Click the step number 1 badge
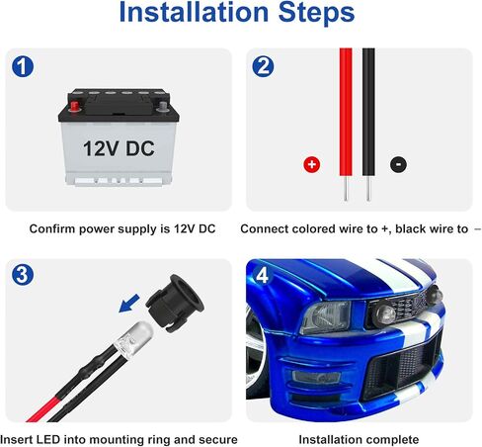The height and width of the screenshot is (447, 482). [23, 66]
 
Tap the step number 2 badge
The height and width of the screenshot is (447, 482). [263, 66]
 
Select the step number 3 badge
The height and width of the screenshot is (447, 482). [23, 275]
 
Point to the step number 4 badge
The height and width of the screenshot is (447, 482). [262, 275]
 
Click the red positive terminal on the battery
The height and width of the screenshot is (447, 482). [74, 106]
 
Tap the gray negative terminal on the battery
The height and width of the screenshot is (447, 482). [163, 106]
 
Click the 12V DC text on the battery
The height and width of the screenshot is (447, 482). [119, 148]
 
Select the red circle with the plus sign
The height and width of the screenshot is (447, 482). [312, 164]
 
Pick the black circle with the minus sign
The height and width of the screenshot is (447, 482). [398, 164]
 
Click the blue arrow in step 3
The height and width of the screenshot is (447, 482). [129, 304]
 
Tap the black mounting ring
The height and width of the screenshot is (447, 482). [175, 303]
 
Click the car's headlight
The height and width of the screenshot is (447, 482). [325, 317]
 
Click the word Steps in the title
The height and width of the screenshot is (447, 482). [316, 12]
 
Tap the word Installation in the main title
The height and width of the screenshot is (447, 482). [194, 12]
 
